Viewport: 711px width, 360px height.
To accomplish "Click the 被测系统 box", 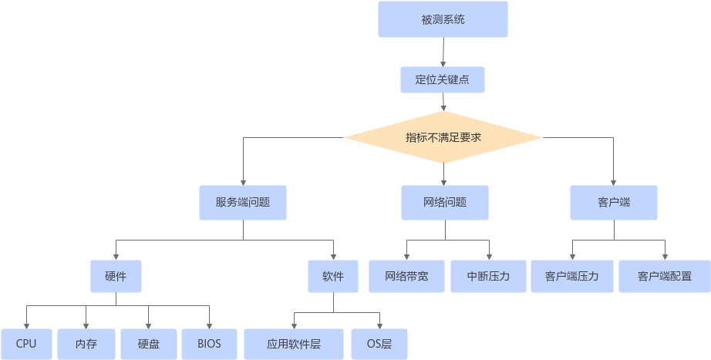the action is [443, 19].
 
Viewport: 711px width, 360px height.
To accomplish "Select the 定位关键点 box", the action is [443, 80].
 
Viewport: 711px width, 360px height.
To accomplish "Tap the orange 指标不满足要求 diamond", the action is [443, 137].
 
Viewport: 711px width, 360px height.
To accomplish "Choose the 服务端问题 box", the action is [243, 203].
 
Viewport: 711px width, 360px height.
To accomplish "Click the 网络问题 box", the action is [445, 203].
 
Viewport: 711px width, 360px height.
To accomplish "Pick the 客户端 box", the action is [614, 203].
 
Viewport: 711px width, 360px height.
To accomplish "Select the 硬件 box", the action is [116, 276].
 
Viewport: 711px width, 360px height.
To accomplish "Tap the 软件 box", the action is [333, 276].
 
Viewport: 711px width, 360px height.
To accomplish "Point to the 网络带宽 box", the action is [406, 276].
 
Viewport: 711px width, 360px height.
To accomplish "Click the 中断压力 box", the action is [488, 276].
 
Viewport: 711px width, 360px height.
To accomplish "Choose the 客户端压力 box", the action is [572, 276].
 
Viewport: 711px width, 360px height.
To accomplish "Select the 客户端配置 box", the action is [665, 276].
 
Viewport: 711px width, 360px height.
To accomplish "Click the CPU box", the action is [26, 344].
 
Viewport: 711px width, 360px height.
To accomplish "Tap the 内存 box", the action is [86, 344].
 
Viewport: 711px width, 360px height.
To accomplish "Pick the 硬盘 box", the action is [149, 344].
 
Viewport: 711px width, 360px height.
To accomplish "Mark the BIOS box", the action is [210, 344].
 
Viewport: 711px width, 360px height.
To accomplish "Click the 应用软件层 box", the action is [294, 344].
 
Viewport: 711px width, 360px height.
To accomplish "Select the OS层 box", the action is [379, 344].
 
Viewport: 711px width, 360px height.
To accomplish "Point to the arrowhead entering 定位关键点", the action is [443, 64].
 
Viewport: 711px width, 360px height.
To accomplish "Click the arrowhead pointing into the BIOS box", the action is [210, 326].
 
